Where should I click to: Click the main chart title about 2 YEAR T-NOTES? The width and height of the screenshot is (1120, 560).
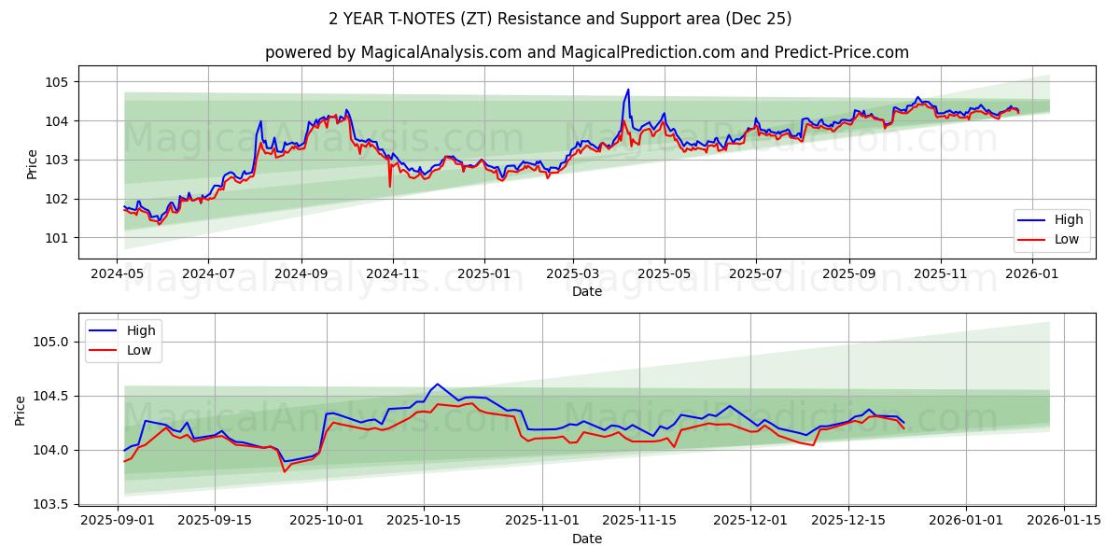pyautogui.click(x=560, y=19)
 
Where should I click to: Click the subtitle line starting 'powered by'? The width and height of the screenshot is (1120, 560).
pyautogui.click(x=586, y=52)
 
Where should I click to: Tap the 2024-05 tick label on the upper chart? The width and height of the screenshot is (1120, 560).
pyautogui.click(x=117, y=275)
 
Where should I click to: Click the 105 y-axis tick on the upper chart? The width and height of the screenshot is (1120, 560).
pyautogui.click(x=57, y=82)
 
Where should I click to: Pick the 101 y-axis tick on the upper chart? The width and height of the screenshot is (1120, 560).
pyautogui.click(x=57, y=238)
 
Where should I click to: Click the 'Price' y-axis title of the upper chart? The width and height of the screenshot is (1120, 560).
pyautogui.click(x=33, y=164)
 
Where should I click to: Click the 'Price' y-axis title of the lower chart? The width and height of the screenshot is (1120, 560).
pyautogui.click(x=21, y=411)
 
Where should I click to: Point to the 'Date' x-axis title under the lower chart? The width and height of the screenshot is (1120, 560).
pyautogui.click(x=586, y=539)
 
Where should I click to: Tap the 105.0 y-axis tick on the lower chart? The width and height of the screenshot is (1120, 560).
pyautogui.click(x=50, y=342)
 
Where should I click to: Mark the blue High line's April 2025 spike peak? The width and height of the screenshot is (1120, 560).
pyautogui.click(x=628, y=90)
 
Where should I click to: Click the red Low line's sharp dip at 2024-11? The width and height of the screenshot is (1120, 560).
pyautogui.click(x=390, y=187)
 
